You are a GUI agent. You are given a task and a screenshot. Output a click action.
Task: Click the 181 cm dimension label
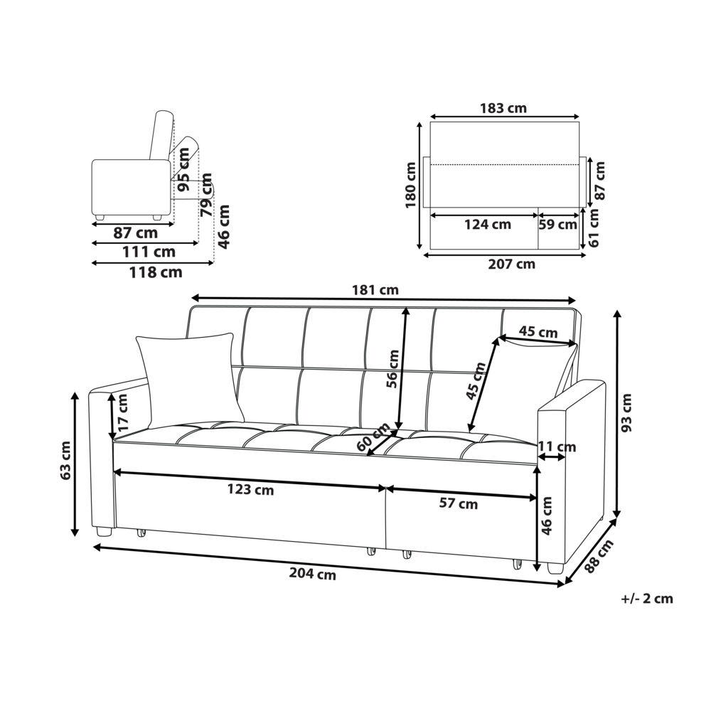click(375, 290)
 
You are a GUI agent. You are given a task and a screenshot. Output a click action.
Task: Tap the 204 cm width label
click(312, 575)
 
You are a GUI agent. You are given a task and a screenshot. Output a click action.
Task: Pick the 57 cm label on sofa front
click(458, 504)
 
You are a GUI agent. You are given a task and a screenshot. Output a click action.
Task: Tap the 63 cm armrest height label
click(65, 461)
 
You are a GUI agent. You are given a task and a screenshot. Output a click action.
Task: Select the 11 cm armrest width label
click(557, 447)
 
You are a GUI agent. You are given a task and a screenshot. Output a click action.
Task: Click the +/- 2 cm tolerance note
click(646, 599)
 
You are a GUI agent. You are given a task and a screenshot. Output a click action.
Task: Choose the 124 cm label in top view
click(487, 225)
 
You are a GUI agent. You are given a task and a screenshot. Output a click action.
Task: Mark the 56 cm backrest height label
click(392, 369)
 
